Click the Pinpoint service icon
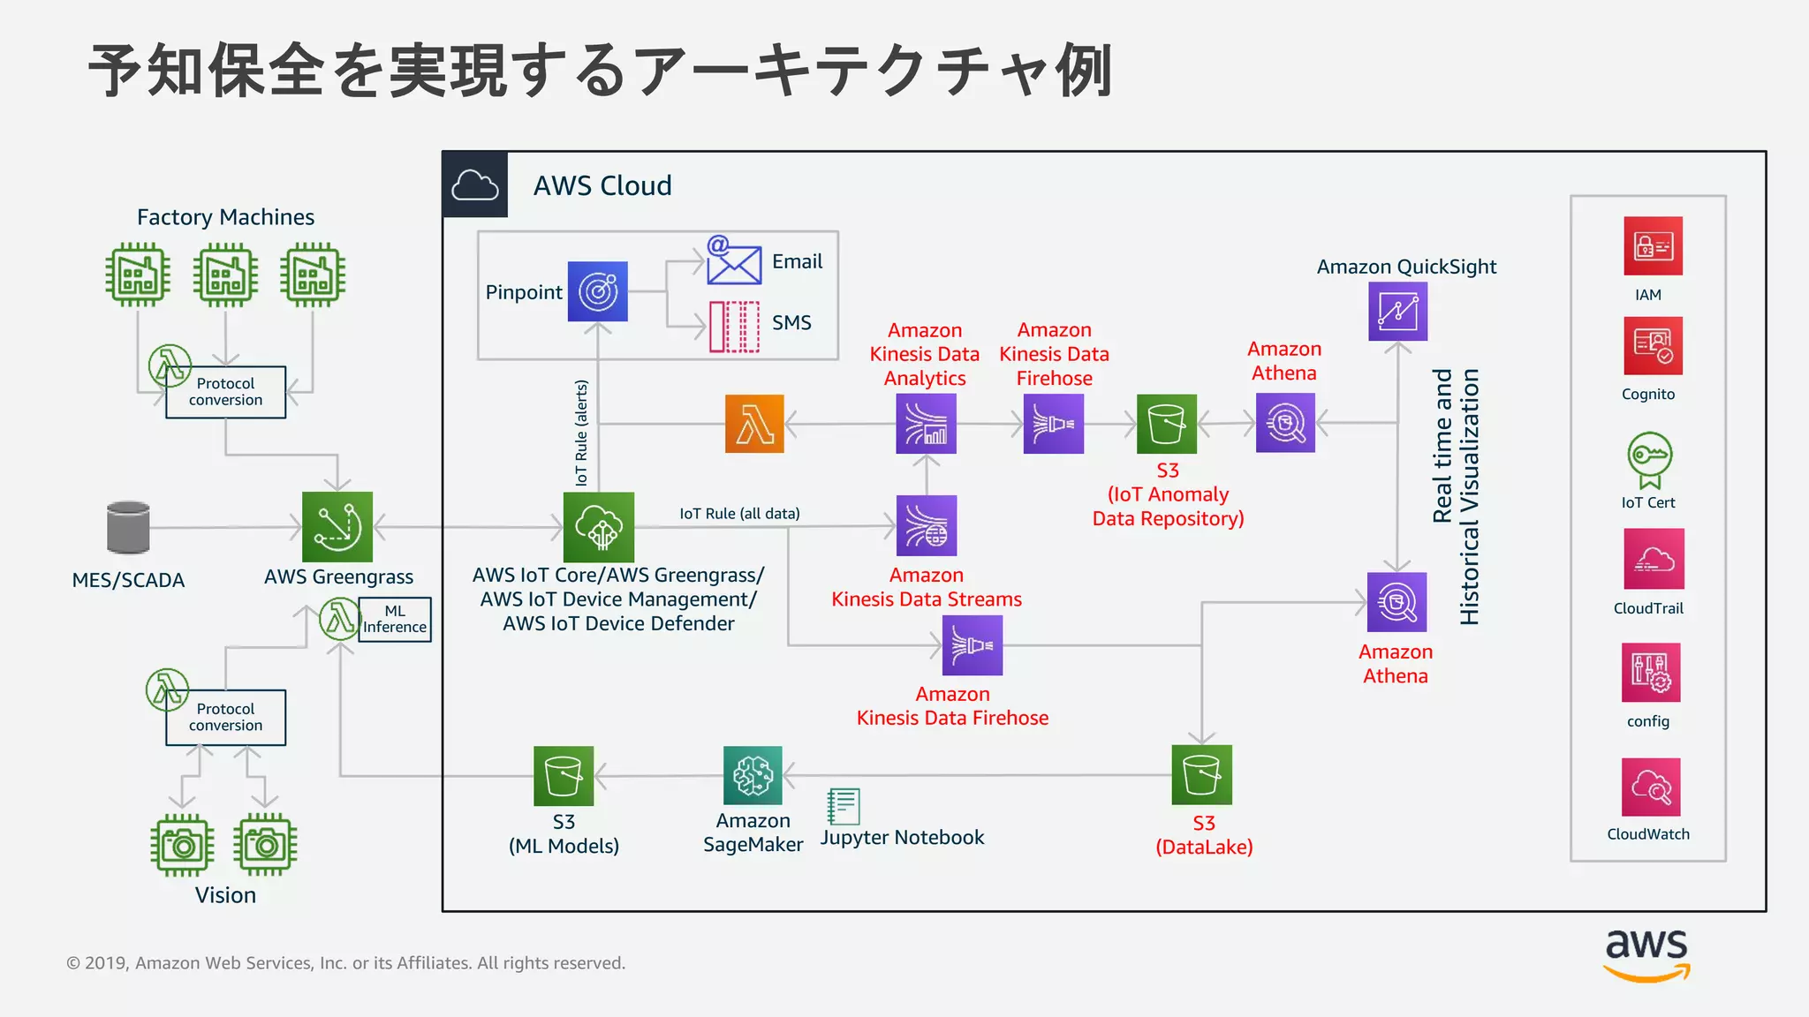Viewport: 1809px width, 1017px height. [x=597, y=291]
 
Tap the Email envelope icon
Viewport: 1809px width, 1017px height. [x=733, y=261]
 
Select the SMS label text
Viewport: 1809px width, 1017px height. [x=791, y=323]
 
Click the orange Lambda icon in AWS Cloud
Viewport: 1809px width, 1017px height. [x=754, y=424]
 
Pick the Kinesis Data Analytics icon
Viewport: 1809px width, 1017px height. [x=926, y=424]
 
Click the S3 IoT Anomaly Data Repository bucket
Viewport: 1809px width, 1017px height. [x=1166, y=424]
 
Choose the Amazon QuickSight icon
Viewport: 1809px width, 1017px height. [x=1397, y=312]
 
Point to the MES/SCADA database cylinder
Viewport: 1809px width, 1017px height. [x=128, y=527]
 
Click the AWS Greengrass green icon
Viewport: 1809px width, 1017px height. [x=337, y=527]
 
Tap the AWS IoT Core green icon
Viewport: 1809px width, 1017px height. [x=599, y=527]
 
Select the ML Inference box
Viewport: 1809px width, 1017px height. [x=395, y=620]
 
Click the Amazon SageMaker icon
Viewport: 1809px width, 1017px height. [x=753, y=776]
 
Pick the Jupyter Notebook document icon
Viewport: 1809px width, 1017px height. [x=843, y=806]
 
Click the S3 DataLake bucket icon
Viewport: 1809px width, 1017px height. [x=1201, y=775]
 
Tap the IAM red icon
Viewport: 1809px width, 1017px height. [x=1653, y=246]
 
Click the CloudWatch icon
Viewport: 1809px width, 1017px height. [x=1651, y=787]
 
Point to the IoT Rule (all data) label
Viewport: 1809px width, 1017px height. [x=739, y=514]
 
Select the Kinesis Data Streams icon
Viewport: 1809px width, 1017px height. [x=927, y=525]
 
